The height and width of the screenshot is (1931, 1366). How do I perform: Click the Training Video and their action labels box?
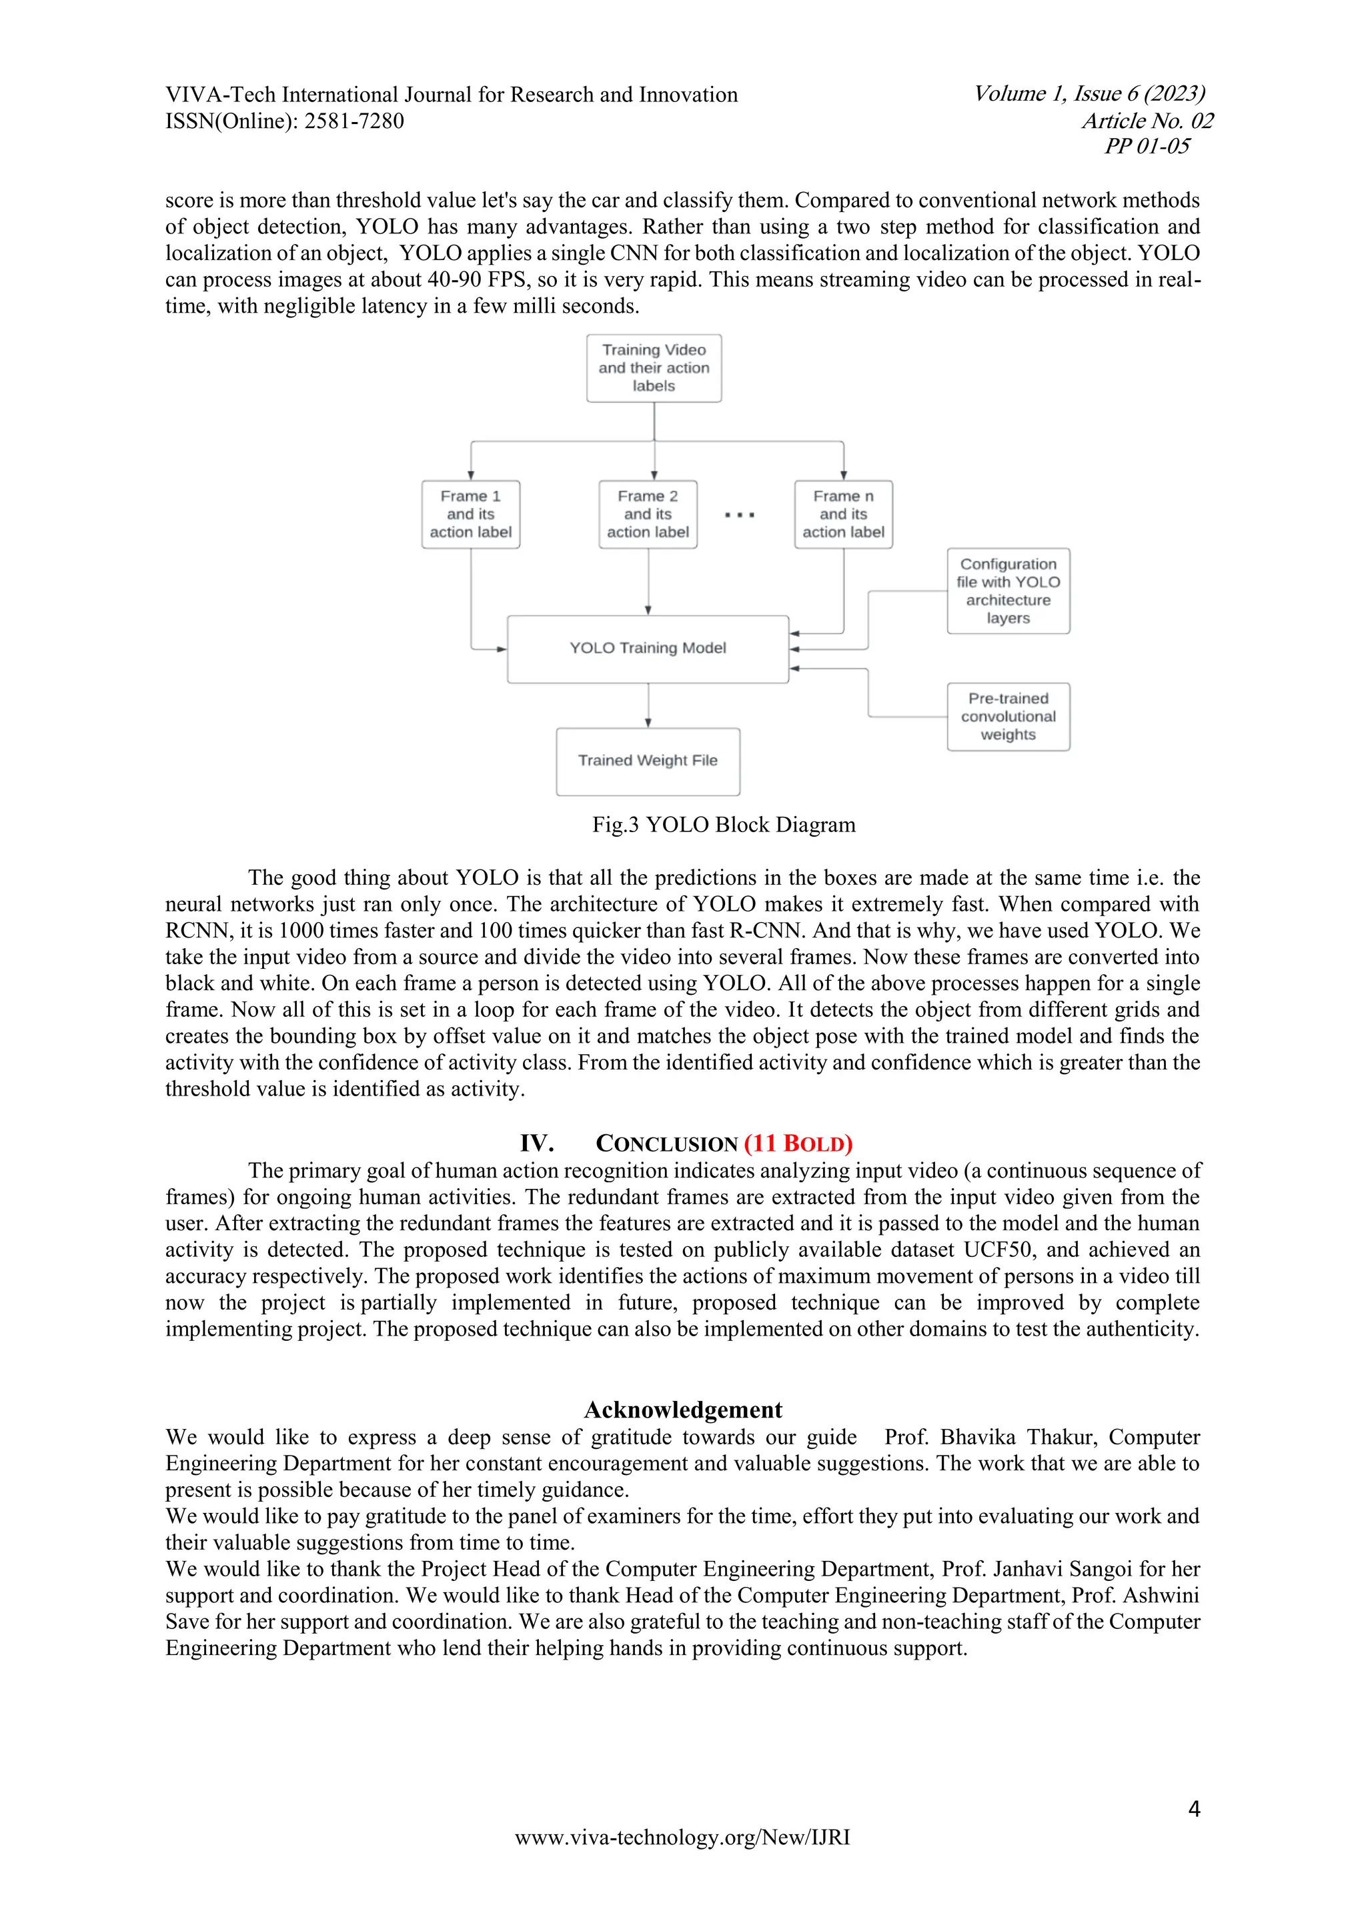point(654,367)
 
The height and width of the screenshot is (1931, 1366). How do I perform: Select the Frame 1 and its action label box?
point(470,514)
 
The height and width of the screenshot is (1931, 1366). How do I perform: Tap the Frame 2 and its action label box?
point(648,514)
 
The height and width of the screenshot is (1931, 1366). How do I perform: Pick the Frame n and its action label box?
point(843,514)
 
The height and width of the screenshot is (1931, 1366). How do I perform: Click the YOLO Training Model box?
point(648,648)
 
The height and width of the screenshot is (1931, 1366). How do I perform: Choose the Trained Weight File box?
point(648,761)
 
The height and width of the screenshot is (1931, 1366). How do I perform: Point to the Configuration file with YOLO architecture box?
point(1008,590)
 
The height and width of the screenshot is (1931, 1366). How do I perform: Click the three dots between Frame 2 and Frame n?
point(739,515)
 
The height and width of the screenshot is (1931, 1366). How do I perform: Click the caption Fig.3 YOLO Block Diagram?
point(724,825)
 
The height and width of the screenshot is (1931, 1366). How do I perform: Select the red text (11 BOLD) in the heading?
point(798,1144)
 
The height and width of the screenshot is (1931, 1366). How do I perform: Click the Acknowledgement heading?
point(683,1410)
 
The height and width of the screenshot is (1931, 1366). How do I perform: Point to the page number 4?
point(1193,1809)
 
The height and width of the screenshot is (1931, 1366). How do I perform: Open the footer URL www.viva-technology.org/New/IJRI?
point(682,1837)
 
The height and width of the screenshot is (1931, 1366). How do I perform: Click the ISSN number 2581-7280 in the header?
point(354,121)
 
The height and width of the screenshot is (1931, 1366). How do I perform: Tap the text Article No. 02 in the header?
point(1147,121)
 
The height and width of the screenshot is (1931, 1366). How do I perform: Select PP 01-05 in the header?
point(1147,146)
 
